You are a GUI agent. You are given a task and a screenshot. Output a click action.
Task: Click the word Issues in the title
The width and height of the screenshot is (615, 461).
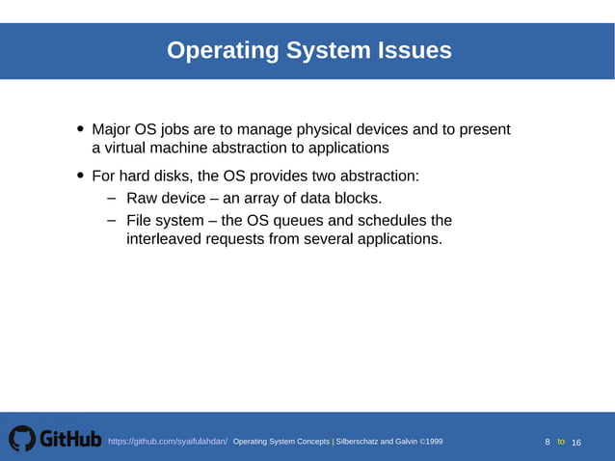pyautogui.click(x=413, y=50)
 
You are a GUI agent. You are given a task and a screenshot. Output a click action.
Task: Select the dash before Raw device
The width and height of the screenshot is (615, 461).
pyautogui.click(x=112, y=199)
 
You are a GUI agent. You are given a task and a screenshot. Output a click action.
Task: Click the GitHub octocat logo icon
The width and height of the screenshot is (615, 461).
pyautogui.click(x=21, y=440)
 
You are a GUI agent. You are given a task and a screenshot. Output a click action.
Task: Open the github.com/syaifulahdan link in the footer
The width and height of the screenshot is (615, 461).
pyautogui.click(x=168, y=442)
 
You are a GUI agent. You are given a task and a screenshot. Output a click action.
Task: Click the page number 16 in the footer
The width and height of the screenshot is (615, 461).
pyautogui.click(x=576, y=442)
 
